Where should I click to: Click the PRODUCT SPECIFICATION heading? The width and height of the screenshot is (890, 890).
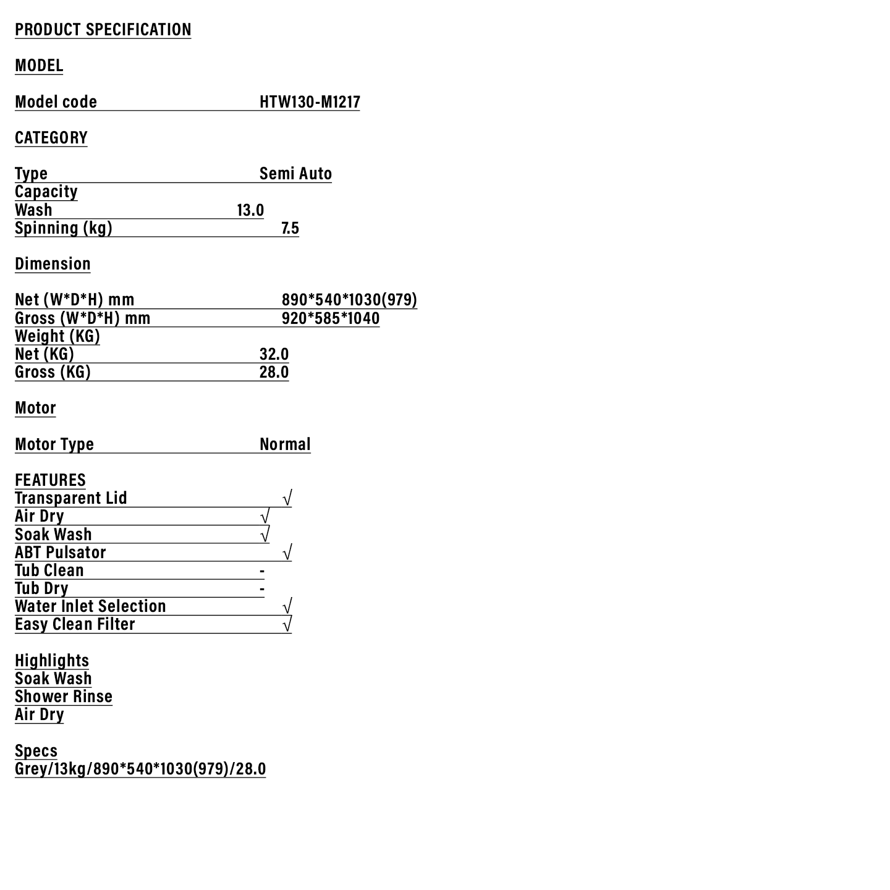point(103,30)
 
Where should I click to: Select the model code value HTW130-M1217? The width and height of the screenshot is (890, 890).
point(310,102)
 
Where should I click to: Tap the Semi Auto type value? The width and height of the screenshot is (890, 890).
point(295,174)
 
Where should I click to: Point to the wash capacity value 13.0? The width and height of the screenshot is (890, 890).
point(250,210)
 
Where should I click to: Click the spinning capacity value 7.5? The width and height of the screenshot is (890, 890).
point(290,228)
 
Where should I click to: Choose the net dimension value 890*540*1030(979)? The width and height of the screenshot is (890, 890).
point(349,300)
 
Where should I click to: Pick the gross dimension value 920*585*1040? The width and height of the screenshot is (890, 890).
point(331,318)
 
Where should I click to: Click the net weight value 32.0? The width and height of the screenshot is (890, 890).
point(274,354)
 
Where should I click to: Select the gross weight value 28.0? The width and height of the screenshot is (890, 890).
point(274,372)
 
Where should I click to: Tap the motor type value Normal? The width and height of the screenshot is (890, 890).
point(285,444)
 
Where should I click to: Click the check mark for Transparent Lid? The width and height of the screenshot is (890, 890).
point(287,498)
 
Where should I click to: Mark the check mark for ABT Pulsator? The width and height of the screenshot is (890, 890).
point(287,553)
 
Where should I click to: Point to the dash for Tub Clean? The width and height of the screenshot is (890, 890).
point(262,571)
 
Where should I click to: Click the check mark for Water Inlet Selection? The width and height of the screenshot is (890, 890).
point(287,606)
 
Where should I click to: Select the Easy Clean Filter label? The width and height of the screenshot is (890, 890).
point(75,624)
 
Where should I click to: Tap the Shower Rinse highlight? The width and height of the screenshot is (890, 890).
point(64,697)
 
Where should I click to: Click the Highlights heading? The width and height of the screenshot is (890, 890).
point(52,661)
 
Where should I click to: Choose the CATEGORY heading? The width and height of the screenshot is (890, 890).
point(51,138)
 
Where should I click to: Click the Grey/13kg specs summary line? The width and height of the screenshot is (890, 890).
point(140,769)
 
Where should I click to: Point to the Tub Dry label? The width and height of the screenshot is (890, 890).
point(41,588)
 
